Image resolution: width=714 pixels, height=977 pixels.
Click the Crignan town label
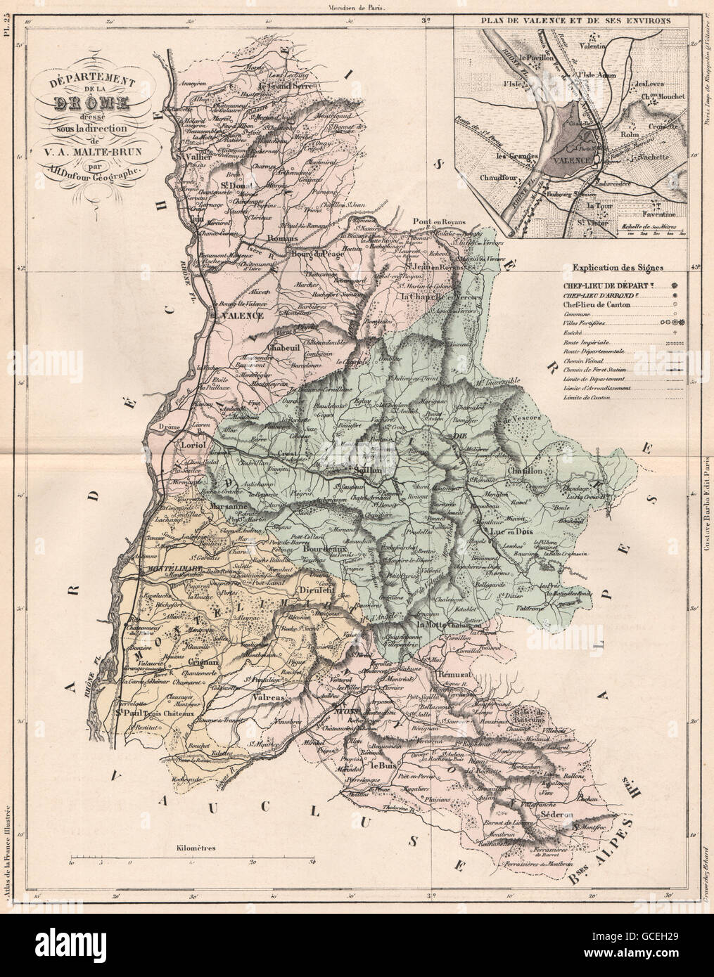tap(205, 662)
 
